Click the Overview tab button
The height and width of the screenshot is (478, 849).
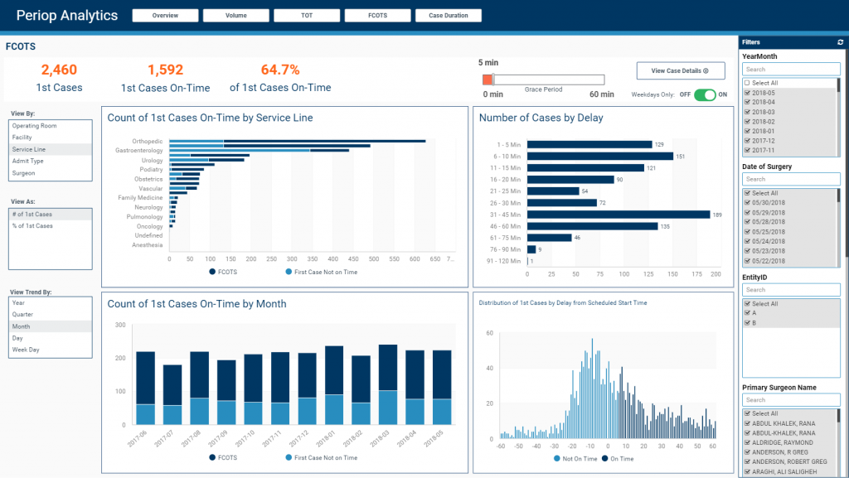pyautogui.click(x=165, y=16)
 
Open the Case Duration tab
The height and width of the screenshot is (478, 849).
pyautogui.click(x=449, y=16)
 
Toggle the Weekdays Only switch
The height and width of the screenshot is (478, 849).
pyautogui.click(x=705, y=94)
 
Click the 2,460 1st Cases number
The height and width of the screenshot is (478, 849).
pyautogui.click(x=59, y=70)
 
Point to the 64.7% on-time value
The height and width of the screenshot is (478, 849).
pyautogui.click(x=280, y=70)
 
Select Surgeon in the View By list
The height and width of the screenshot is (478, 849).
pyautogui.click(x=24, y=173)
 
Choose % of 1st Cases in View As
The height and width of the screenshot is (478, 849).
pyautogui.click(x=32, y=226)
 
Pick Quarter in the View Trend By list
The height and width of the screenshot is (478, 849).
pyautogui.click(x=23, y=315)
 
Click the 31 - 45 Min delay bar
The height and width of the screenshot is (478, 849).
pyautogui.click(x=619, y=215)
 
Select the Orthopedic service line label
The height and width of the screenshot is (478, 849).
pyautogui.click(x=147, y=142)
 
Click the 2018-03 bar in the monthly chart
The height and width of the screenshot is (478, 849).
pyautogui.click(x=388, y=385)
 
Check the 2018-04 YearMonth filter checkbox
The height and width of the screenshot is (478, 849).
pyautogui.click(x=748, y=102)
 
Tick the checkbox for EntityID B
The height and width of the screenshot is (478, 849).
pyautogui.click(x=748, y=322)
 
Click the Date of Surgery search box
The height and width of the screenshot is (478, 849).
pyautogui.click(x=790, y=179)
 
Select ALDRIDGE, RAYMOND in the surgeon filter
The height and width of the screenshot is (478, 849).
pyautogui.click(x=748, y=442)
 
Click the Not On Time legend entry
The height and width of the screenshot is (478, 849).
pyautogui.click(x=557, y=457)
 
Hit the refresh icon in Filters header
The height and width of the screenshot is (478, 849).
pyautogui.click(x=841, y=41)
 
